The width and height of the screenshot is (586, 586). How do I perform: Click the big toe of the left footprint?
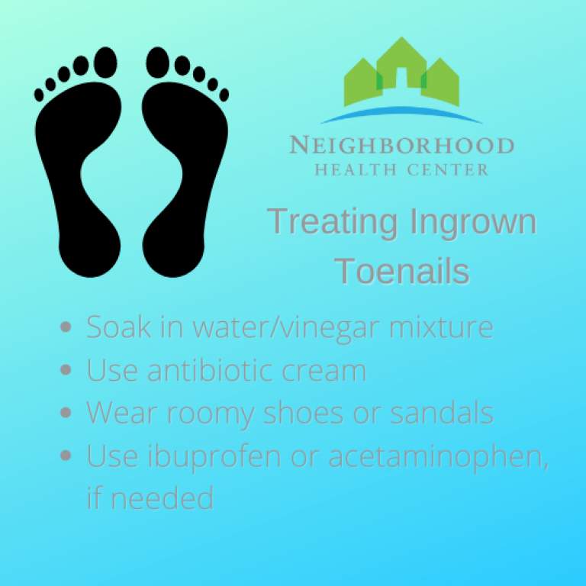[x=105, y=60]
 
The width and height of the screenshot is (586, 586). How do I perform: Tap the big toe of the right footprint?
[x=157, y=60]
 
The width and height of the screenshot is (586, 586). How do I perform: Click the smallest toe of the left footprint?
[x=39, y=94]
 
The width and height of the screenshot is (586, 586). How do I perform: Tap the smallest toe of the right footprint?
[x=224, y=94]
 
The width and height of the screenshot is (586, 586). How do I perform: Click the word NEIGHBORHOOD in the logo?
[x=401, y=145]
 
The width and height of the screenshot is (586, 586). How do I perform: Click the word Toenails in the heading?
[x=402, y=271]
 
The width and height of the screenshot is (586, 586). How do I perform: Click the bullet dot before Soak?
[x=66, y=327]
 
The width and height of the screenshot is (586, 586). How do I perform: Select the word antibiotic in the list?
[x=207, y=370]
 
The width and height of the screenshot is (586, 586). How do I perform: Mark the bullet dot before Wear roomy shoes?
[x=66, y=413]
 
